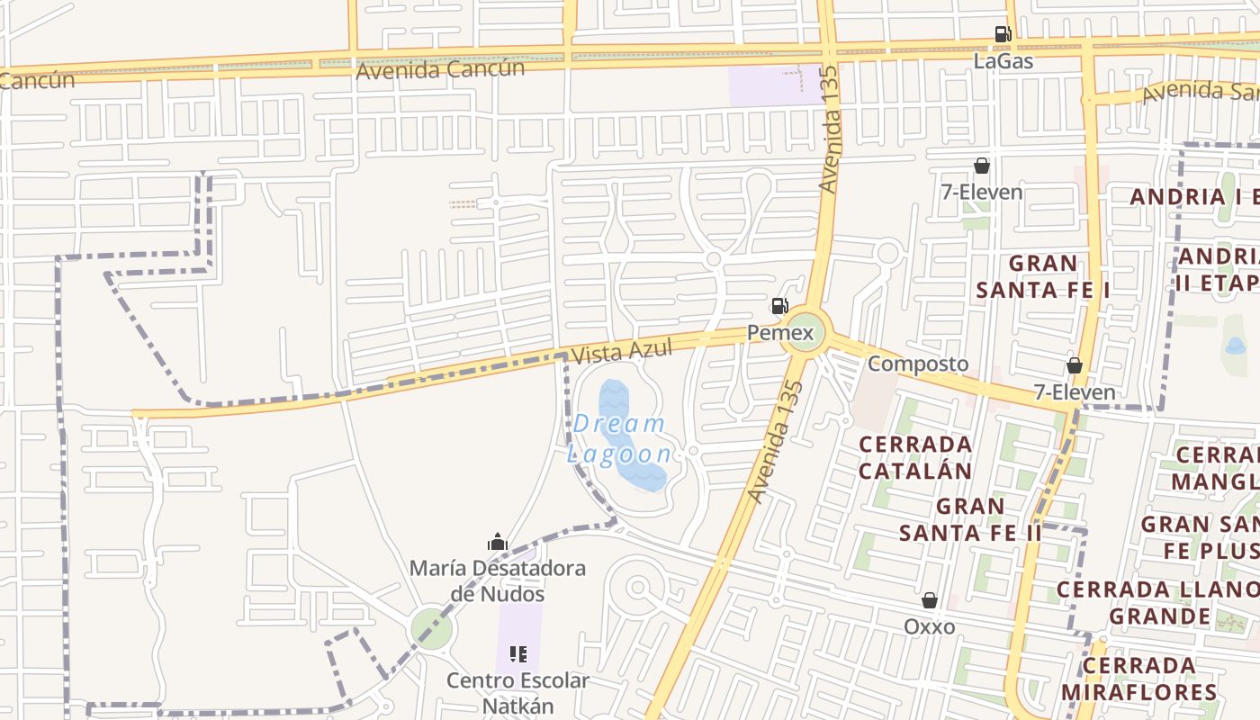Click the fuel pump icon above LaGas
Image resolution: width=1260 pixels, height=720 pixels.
pyautogui.click(x=1003, y=35)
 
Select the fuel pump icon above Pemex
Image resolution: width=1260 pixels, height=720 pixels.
pyautogui.click(x=779, y=306)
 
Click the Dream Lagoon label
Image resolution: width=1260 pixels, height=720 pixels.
pyautogui.click(x=619, y=438)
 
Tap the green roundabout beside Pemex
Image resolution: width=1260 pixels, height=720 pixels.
pyautogui.click(x=804, y=333)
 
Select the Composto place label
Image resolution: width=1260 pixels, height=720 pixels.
pyautogui.click(x=918, y=364)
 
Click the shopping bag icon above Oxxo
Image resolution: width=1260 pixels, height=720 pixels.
pyautogui.click(x=930, y=600)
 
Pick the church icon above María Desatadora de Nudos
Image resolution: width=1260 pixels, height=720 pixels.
pyautogui.click(x=497, y=543)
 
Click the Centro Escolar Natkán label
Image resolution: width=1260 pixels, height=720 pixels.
pyautogui.click(x=517, y=692)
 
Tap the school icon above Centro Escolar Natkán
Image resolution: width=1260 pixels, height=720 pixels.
pyautogui.click(x=517, y=653)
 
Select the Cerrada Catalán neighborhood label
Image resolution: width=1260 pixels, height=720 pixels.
pyautogui.click(x=914, y=457)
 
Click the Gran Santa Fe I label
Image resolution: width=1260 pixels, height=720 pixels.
pyautogui.click(x=1042, y=276)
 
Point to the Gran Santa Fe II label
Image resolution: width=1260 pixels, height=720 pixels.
pyautogui.click(x=970, y=519)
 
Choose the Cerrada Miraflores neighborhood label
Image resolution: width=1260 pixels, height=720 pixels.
pyautogui.click(x=1138, y=679)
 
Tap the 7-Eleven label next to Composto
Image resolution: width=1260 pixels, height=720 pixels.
pyautogui.click(x=1074, y=392)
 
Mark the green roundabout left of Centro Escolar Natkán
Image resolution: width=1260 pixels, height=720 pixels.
pyautogui.click(x=431, y=627)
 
